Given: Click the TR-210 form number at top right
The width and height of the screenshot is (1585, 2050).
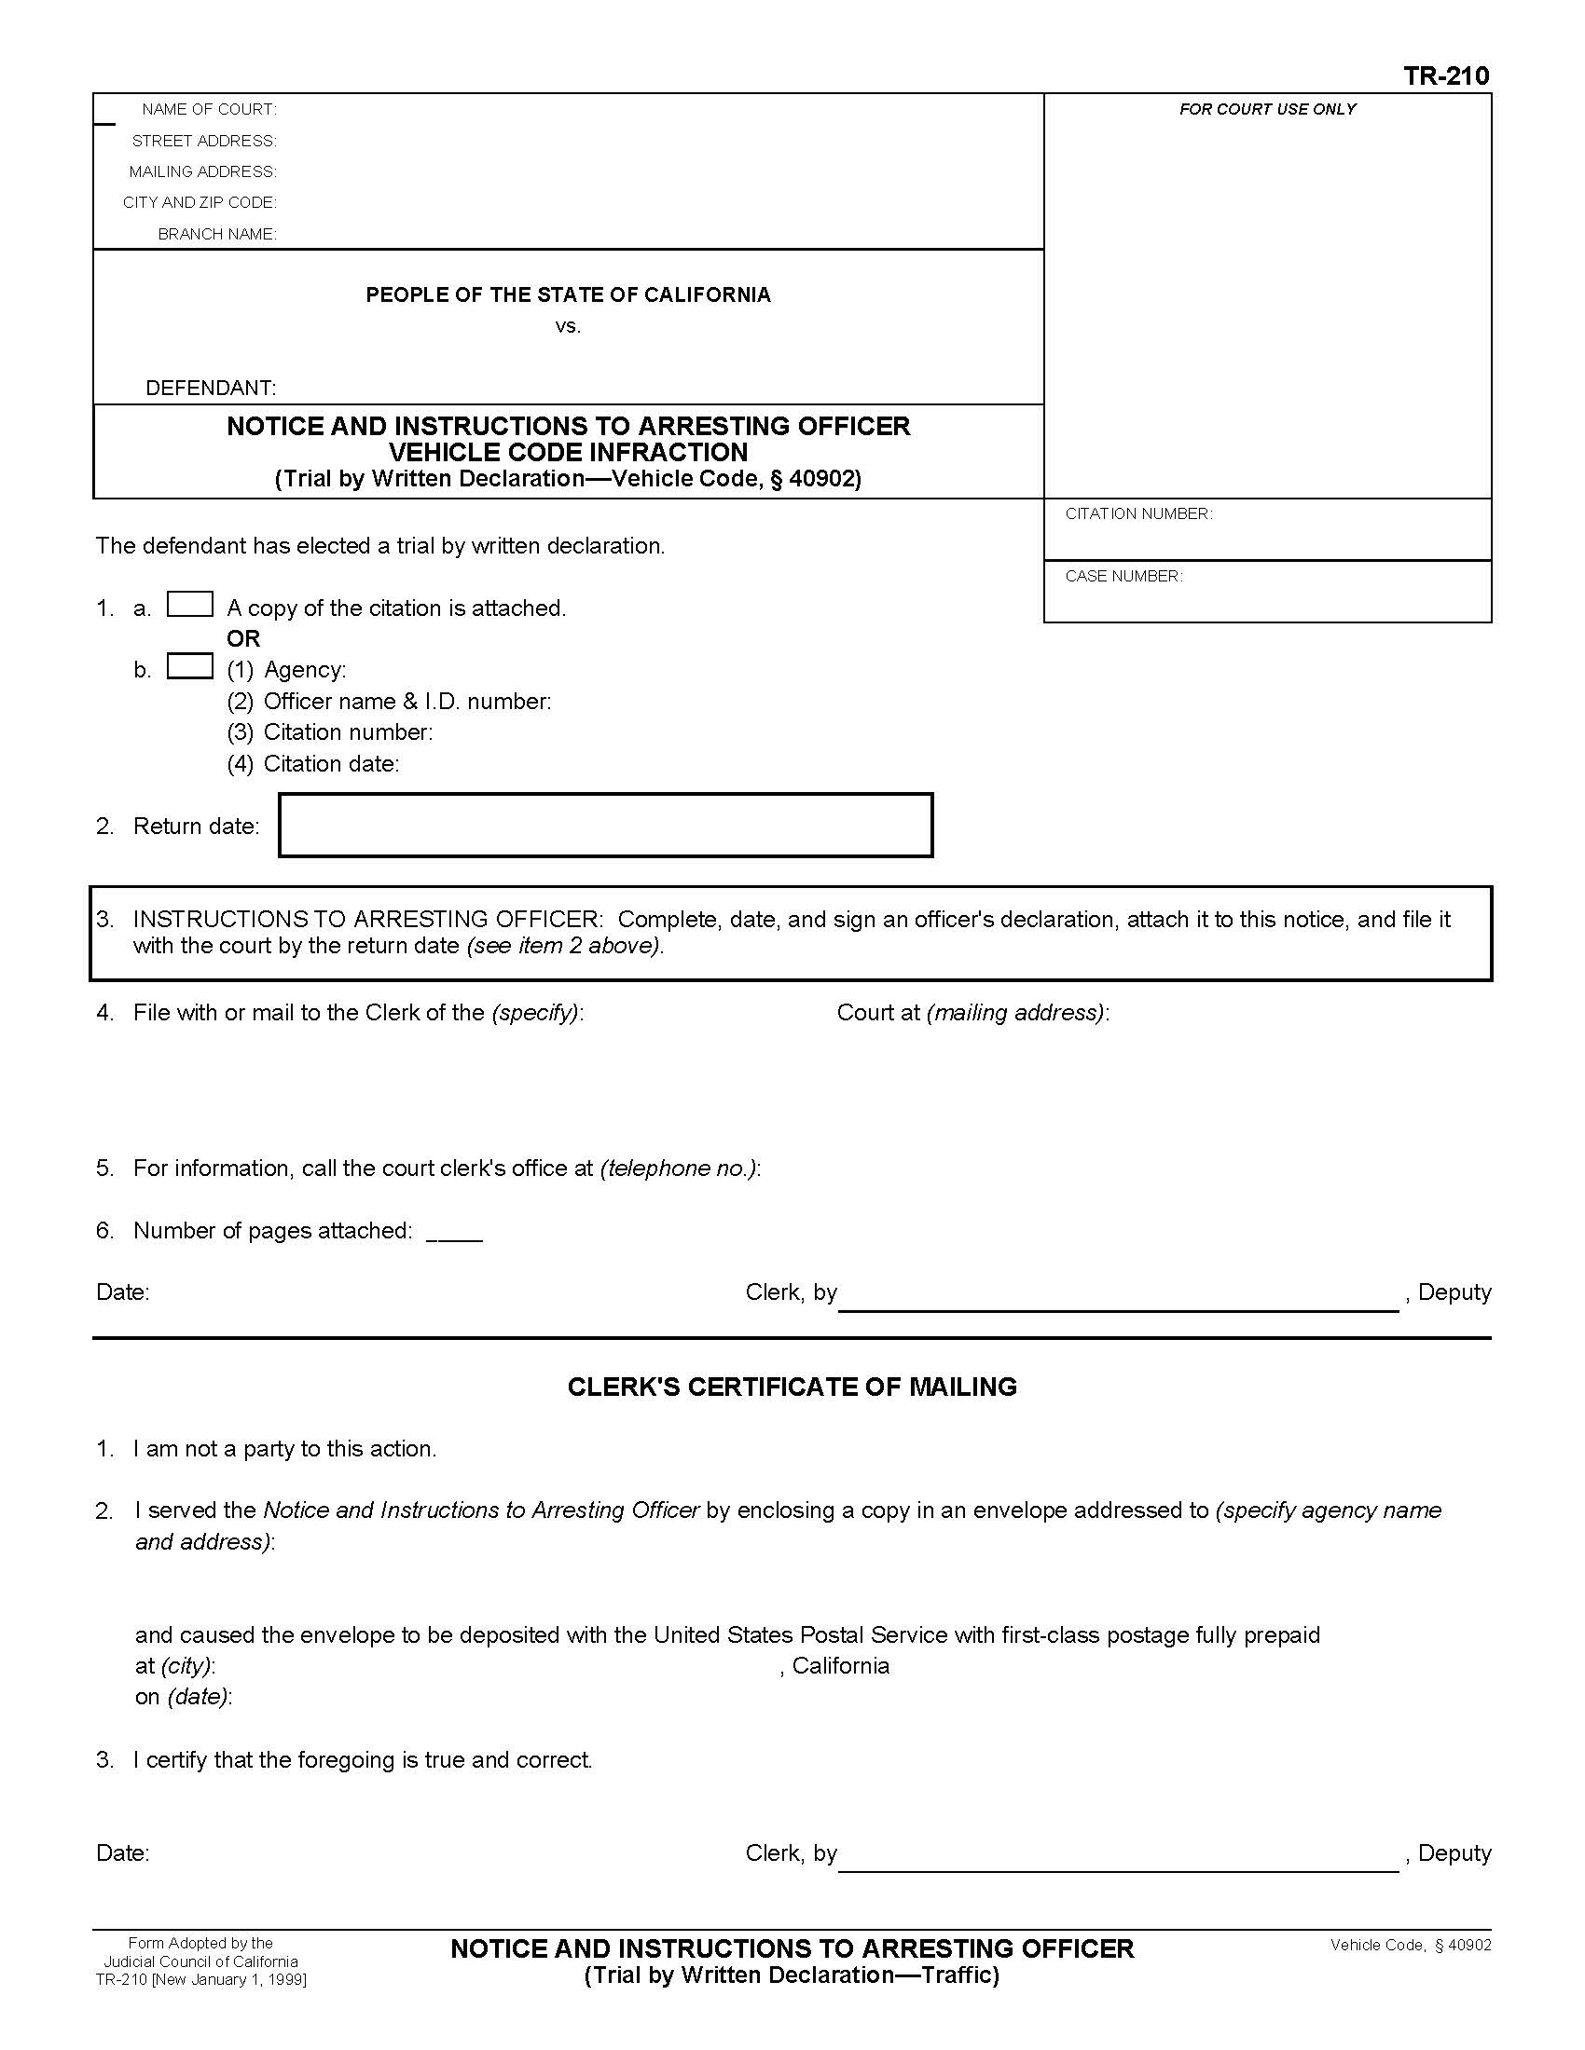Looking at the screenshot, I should (x=1445, y=76).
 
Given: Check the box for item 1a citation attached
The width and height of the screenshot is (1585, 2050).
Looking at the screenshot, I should (x=189, y=604).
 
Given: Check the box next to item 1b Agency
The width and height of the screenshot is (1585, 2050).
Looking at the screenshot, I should (x=189, y=665).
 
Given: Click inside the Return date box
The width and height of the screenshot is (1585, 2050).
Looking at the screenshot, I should (x=606, y=825).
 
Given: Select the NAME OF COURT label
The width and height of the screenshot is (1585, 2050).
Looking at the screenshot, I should (x=209, y=110).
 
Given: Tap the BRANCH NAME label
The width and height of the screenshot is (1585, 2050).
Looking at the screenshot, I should (x=217, y=234).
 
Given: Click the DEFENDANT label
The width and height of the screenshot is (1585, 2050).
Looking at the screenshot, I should (x=211, y=388).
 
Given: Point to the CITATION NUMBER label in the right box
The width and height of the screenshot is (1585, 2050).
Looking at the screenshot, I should (x=1138, y=513).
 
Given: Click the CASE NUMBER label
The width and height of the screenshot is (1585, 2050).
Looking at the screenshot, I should (x=1123, y=576).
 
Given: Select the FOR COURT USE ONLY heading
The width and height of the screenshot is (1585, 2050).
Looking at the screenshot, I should (x=1267, y=110).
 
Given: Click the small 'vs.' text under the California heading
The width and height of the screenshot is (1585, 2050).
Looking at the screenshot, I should (x=568, y=327).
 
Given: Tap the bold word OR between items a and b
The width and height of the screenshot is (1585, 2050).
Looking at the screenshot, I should (x=243, y=638).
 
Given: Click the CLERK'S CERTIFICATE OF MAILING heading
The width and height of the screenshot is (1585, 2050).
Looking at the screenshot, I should (x=792, y=1387).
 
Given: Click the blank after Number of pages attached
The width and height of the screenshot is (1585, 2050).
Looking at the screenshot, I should (x=454, y=1232).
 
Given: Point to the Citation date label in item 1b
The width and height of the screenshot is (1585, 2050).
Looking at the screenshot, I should (x=331, y=764).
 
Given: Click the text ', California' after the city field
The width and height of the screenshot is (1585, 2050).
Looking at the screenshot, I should (x=834, y=1665).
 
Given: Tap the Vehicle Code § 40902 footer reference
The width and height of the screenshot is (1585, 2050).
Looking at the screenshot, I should (x=1410, y=1945).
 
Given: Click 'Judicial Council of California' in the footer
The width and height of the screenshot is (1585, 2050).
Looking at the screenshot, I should (x=201, y=1961).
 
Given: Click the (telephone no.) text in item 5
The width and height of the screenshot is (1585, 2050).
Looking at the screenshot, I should (x=679, y=1168).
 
